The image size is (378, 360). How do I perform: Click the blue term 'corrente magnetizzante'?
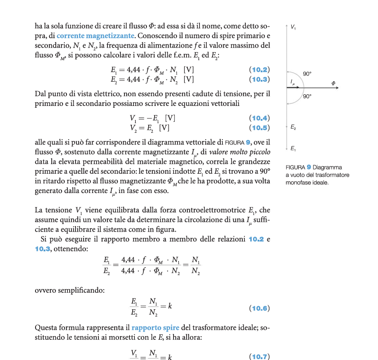click(x=95, y=35)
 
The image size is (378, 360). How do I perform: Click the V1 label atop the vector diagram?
click(x=293, y=27)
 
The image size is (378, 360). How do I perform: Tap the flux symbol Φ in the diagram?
click(x=333, y=83)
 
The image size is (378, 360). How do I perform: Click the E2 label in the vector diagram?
click(x=293, y=128)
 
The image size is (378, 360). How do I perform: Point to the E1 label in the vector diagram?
click(x=293, y=148)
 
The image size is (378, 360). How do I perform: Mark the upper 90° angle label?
click(x=307, y=73)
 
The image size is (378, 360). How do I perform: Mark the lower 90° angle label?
click(x=307, y=96)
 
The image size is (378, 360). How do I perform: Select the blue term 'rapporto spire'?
click(x=156, y=328)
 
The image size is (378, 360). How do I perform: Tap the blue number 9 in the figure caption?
click(x=309, y=167)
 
